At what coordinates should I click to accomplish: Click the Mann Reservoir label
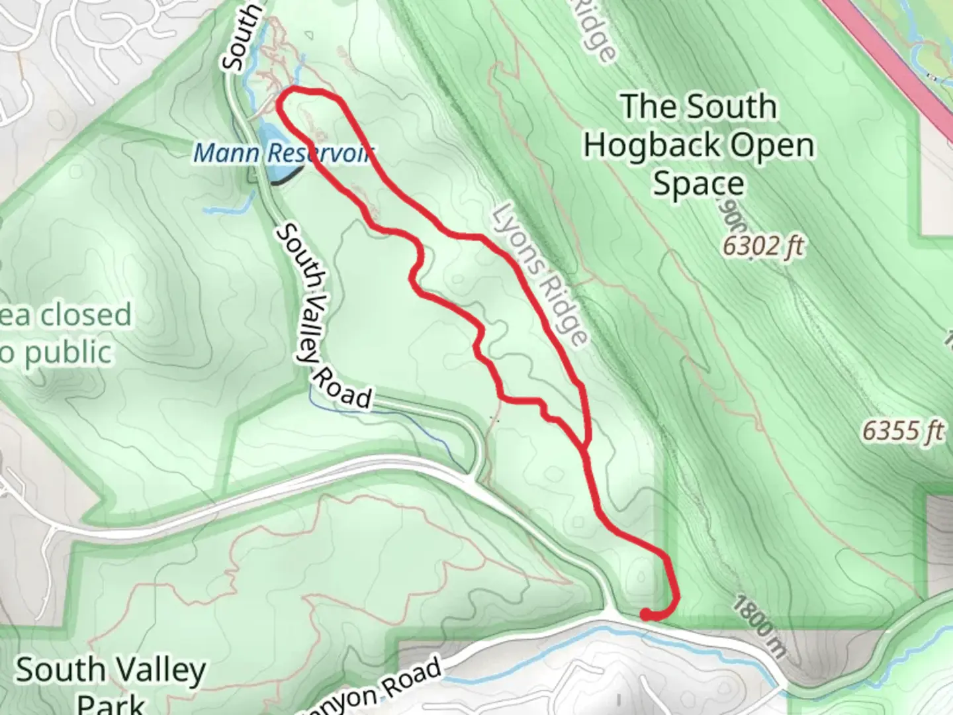283,154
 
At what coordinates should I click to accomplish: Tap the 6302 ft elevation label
762,246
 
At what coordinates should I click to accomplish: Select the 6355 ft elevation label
903,432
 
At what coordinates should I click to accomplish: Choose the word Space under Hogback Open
698,184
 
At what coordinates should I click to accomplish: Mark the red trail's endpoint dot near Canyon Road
645,615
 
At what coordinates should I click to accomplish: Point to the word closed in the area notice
85,315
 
